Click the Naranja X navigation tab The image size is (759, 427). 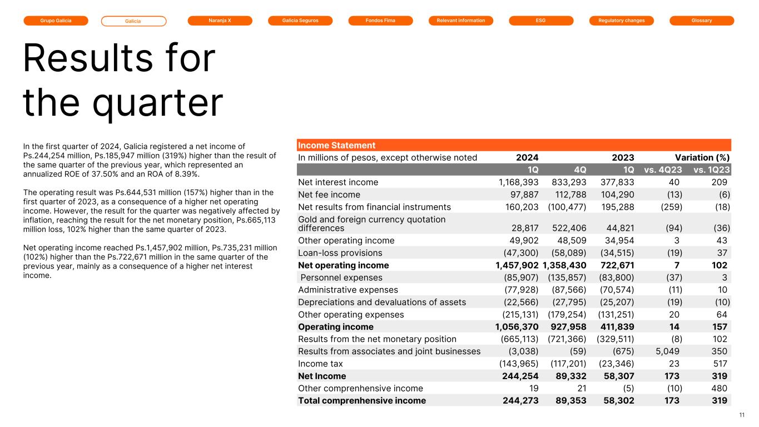click(x=220, y=21)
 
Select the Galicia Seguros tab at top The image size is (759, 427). click(x=300, y=21)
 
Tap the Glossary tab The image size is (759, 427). click(x=702, y=21)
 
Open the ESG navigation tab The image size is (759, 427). click(x=541, y=21)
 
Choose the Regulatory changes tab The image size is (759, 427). click(x=621, y=21)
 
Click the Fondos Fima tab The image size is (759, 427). click(x=380, y=21)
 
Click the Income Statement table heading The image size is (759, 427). click(x=337, y=145)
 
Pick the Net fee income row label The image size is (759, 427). click(x=329, y=195)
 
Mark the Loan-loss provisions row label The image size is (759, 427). click(x=340, y=253)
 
